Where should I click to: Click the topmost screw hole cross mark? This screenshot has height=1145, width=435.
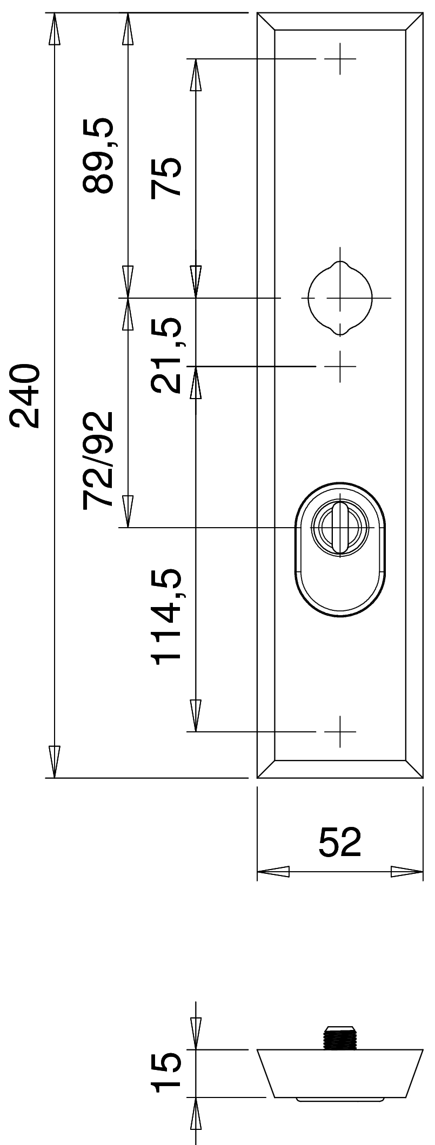[x=340, y=58]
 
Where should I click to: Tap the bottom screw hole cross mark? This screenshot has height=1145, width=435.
[x=340, y=732]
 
